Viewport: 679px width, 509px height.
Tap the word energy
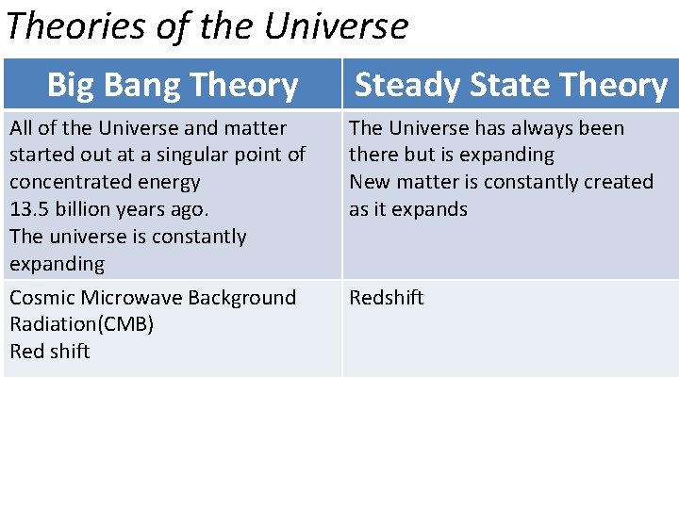tap(170, 182)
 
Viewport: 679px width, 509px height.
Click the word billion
tap(85, 209)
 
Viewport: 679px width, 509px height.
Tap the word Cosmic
tap(42, 298)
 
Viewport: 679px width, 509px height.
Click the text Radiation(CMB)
tap(81, 324)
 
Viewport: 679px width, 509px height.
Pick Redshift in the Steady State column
tap(387, 298)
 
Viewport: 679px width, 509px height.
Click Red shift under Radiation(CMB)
tap(49, 352)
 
